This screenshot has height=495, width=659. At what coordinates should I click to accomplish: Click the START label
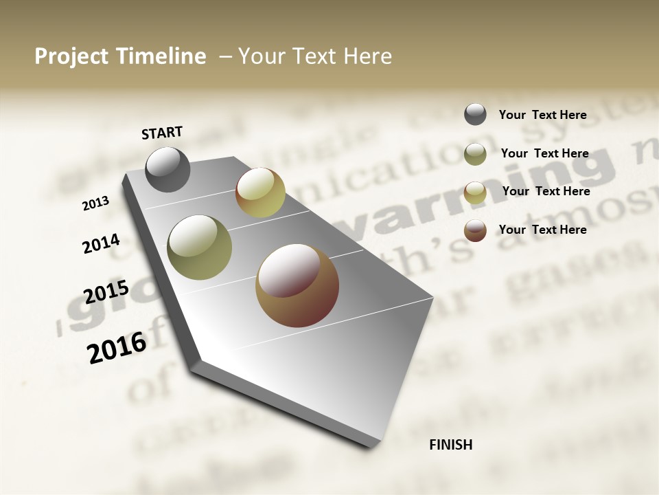point(162,133)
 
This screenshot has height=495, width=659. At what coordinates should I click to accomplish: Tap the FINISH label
point(450,445)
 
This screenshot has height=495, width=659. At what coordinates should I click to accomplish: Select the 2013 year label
point(96,203)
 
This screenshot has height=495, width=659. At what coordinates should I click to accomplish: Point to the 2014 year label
point(102,243)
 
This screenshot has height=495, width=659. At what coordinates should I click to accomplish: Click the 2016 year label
point(117,347)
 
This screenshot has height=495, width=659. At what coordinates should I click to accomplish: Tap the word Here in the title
point(367,56)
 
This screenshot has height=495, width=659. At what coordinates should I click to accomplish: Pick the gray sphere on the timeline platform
point(168,169)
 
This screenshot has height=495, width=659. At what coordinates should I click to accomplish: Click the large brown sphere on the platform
point(297,285)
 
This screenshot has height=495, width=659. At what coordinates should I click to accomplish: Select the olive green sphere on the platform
point(199,247)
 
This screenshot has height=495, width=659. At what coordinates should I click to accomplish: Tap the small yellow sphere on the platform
point(260,192)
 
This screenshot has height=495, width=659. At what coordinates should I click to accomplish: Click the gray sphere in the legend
point(475,114)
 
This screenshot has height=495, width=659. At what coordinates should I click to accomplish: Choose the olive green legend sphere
point(475,153)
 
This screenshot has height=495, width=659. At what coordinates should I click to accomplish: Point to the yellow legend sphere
point(475,192)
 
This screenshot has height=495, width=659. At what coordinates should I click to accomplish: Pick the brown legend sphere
point(475,230)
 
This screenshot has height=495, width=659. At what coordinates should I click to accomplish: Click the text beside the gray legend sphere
point(542,115)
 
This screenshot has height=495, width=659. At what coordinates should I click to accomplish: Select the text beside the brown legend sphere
point(542,230)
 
